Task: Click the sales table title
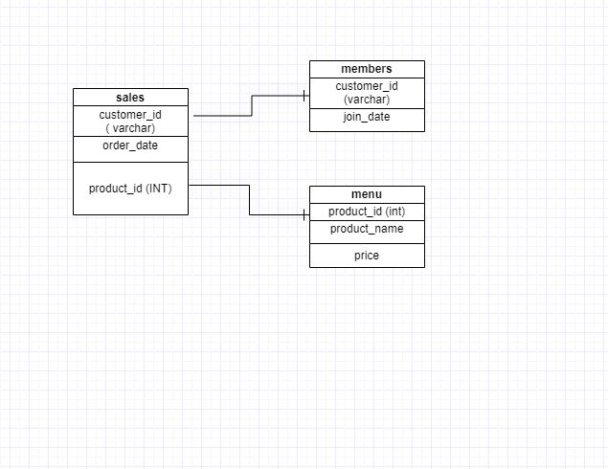point(130,98)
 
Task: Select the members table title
point(367,69)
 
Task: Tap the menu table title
point(367,194)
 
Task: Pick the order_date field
point(130,145)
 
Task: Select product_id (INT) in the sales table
point(130,189)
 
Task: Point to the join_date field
point(367,117)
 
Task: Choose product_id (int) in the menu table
point(367,212)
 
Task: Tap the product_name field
point(367,229)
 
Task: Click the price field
point(367,256)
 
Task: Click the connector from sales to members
point(252,105)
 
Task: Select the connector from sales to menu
point(249,200)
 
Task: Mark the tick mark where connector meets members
point(304,96)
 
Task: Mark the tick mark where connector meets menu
point(304,214)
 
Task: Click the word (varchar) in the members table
point(367,100)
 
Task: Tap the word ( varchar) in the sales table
point(130,128)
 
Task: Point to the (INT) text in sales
point(159,189)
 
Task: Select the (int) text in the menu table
point(395,212)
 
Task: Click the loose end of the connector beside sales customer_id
point(193,116)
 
